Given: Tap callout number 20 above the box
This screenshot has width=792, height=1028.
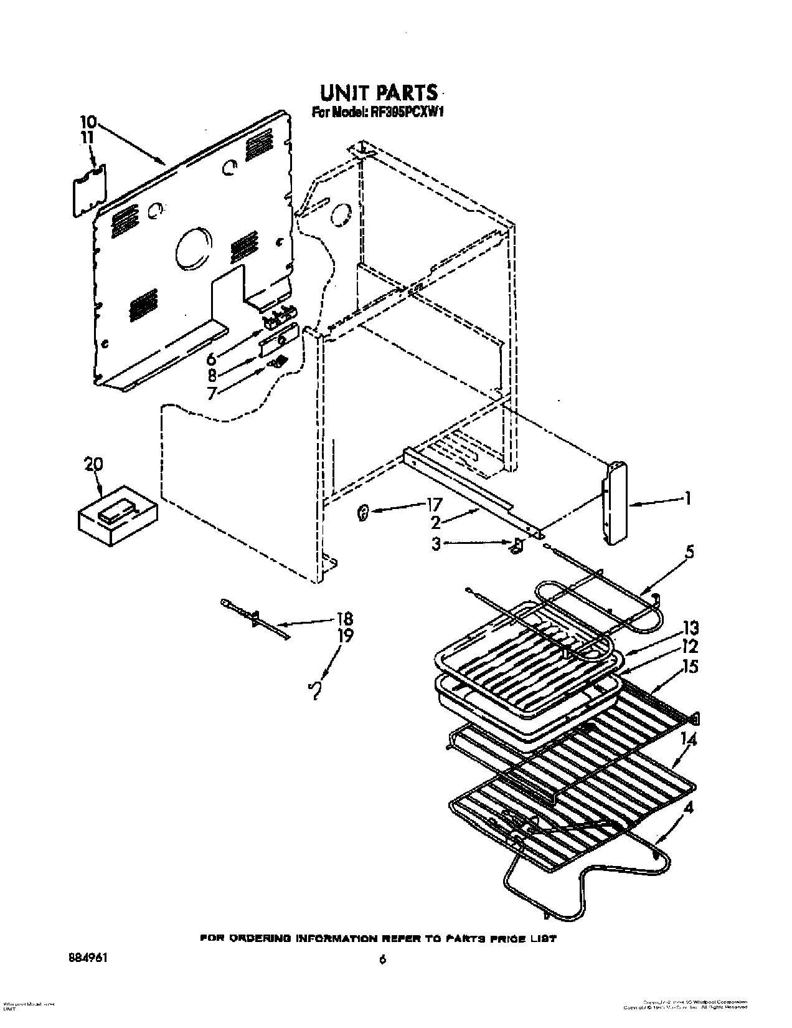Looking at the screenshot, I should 93,464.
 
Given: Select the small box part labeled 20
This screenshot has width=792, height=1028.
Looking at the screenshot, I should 116,517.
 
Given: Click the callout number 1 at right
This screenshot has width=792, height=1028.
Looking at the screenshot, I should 687,498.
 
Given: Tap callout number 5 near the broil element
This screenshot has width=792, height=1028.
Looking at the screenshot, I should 689,552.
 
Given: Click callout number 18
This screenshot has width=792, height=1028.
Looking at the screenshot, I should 344,619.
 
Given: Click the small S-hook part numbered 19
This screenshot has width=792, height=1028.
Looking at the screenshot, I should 316,691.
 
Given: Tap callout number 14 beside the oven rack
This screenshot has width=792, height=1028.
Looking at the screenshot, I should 689,740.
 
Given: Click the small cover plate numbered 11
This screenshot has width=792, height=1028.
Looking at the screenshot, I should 90,191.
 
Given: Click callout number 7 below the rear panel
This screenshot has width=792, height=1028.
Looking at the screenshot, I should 212,393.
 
